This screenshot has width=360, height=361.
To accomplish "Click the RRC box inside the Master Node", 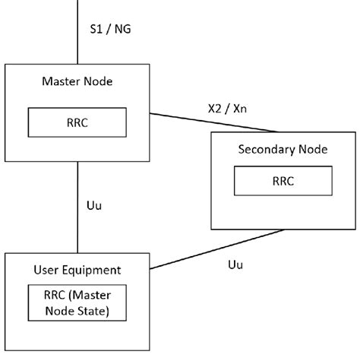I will (77, 121).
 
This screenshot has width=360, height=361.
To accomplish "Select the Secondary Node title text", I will (283, 149).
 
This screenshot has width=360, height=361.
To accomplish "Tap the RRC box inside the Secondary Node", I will (282, 182).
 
